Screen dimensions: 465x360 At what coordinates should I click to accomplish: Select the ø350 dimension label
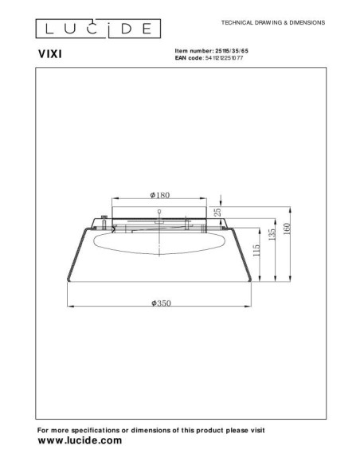[x=162, y=303]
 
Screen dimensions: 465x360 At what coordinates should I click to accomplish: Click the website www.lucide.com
[x=80, y=440]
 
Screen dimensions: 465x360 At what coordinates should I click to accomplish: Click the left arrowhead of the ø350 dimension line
[x=69, y=307]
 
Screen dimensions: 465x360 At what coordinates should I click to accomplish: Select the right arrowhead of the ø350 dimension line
[x=254, y=307]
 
